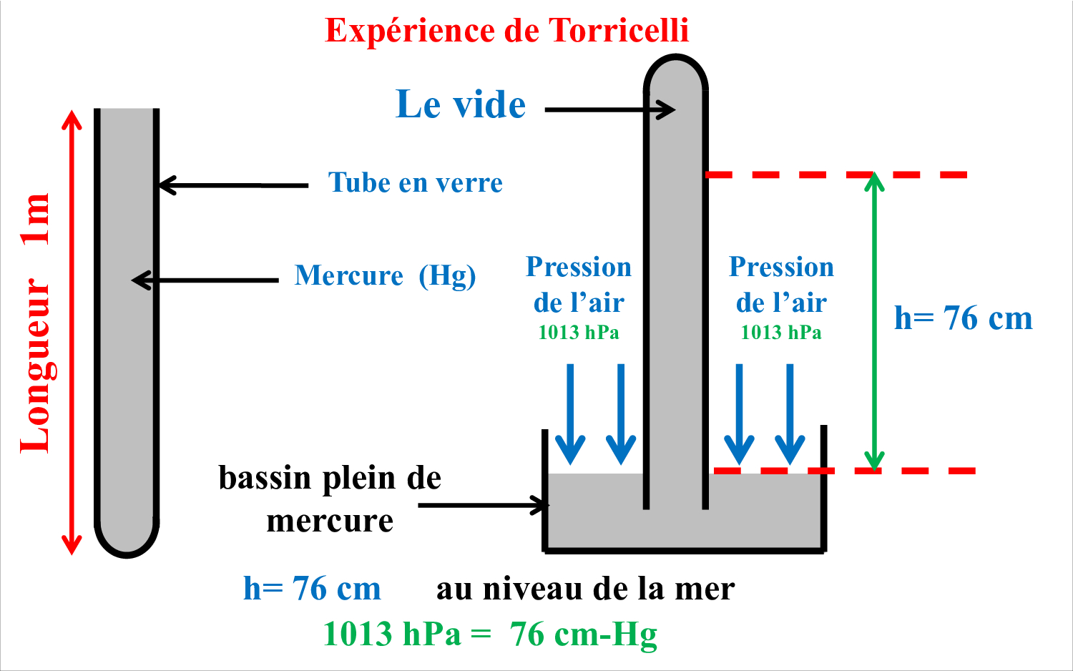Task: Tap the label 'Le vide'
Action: tap(461, 104)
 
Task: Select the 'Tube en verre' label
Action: tap(416, 182)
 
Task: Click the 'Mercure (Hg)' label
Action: tap(385, 276)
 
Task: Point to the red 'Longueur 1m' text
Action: tap(36, 323)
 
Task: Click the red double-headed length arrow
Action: tap(72, 333)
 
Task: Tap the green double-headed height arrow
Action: tap(874, 322)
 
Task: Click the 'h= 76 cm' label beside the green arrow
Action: tap(964, 318)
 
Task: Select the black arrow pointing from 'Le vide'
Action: tap(609, 109)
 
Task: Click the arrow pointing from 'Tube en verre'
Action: tap(233, 185)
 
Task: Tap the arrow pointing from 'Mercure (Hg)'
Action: tap(205, 280)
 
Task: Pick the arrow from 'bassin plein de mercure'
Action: tap(484, 505)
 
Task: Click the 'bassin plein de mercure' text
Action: tap(330, 499)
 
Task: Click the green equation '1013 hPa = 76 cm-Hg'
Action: tap(490, 635)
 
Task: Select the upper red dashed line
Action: tap(836, 175)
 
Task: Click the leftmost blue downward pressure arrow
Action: tap(570, 414)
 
